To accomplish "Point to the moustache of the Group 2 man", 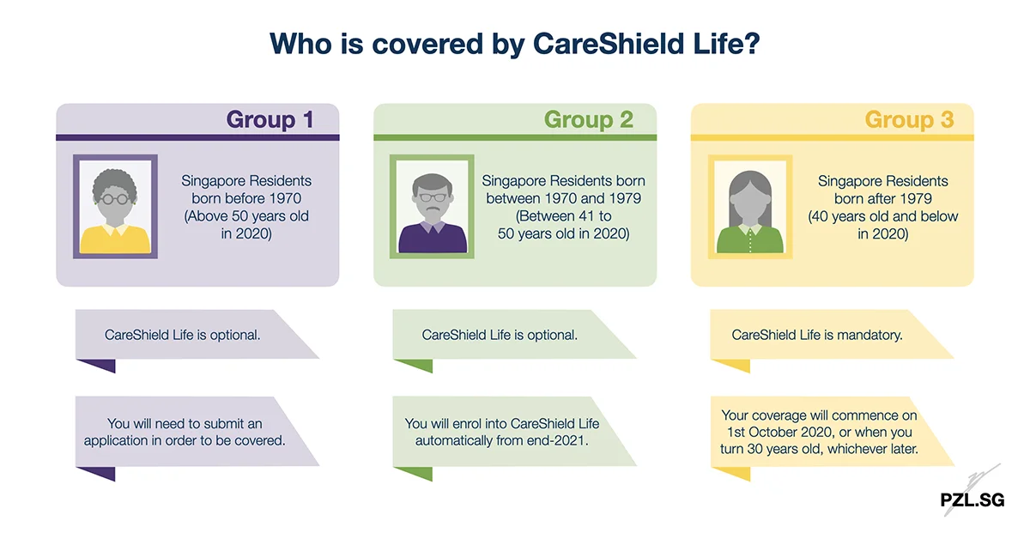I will pos(432,207).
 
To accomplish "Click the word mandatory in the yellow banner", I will pos(869,335).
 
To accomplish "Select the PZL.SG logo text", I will pos(972,500).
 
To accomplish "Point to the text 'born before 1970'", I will pos(246,198).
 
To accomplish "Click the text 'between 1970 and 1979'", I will pos(563,198).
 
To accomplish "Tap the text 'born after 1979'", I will pos(882,198).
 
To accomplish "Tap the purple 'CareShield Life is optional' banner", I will pos(183,335).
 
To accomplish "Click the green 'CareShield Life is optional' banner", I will pos(500,335).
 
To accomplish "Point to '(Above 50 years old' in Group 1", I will pos(246,215).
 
